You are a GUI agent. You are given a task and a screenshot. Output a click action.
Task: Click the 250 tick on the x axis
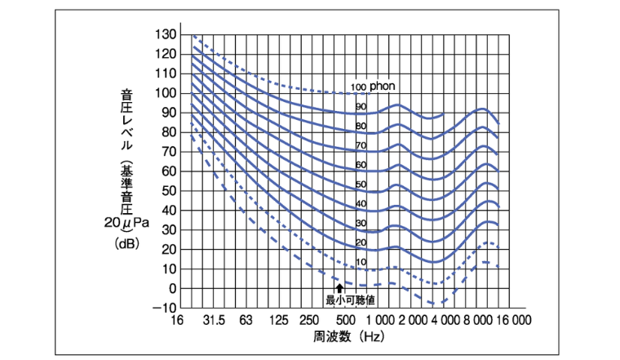coord(310,320)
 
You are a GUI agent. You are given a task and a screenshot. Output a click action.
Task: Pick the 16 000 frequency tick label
coord(511,320)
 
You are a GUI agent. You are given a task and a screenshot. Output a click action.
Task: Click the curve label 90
coord(361,107)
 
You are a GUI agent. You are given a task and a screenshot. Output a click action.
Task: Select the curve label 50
coord(361,184)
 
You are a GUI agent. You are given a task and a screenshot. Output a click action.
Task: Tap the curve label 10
coord(361,262)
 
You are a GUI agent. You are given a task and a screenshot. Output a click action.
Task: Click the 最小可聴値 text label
coord(344,300)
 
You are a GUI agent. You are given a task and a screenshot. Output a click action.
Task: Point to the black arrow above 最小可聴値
coord(339,288)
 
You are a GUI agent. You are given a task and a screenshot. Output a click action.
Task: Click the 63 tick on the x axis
coord(246,320)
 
